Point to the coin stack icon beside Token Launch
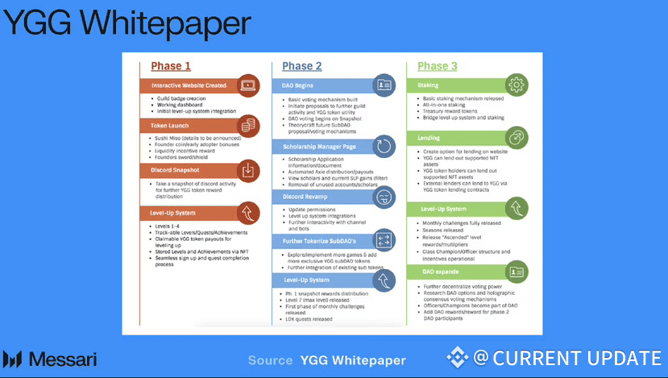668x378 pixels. click(248, 126)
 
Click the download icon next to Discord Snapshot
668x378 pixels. click(248, 170)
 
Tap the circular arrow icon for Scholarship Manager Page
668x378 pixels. click(384, 147)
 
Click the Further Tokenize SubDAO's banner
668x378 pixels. click(322, 241)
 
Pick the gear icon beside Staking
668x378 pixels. click(517, 85)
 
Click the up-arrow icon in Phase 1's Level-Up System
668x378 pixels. click(248, 213)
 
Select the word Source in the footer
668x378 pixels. click(270, 360)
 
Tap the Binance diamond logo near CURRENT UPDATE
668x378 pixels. click(458, 358)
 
